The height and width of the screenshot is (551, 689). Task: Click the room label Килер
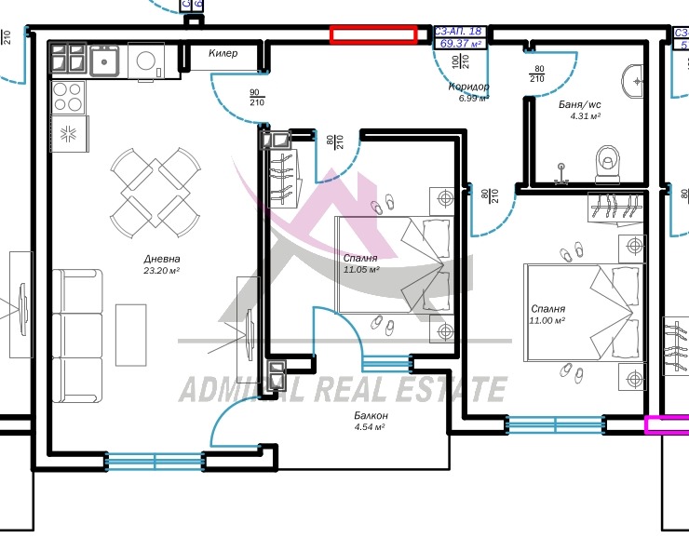tap(223, 54)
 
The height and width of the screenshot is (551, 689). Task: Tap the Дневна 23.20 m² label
tap(161, 264)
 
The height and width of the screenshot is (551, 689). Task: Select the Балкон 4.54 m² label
tap(371, 421)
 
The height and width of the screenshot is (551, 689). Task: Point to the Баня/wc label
tap(579, 111)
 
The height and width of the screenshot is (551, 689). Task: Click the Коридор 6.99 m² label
tap(468, 92)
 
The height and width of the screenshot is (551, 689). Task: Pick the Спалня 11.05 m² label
tap(360, 264)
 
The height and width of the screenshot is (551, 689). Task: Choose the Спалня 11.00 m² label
tap(547, 315)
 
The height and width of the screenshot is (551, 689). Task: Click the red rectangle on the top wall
tap(373, 35)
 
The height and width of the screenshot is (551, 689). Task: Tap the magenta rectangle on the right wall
tap(667, 424)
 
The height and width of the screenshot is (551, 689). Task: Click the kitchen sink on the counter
tap(106, 62)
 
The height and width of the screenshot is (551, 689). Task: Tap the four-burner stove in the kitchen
tap(68, 97)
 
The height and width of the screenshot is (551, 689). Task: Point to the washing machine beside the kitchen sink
tap(148, 62)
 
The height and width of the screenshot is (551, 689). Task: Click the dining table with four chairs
tap(155, 194)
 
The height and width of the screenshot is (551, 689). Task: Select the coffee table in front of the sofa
tap(130, 334)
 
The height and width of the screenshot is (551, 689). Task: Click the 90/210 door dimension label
tap(256, 97)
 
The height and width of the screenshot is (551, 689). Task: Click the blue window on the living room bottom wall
tap(154, 460)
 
